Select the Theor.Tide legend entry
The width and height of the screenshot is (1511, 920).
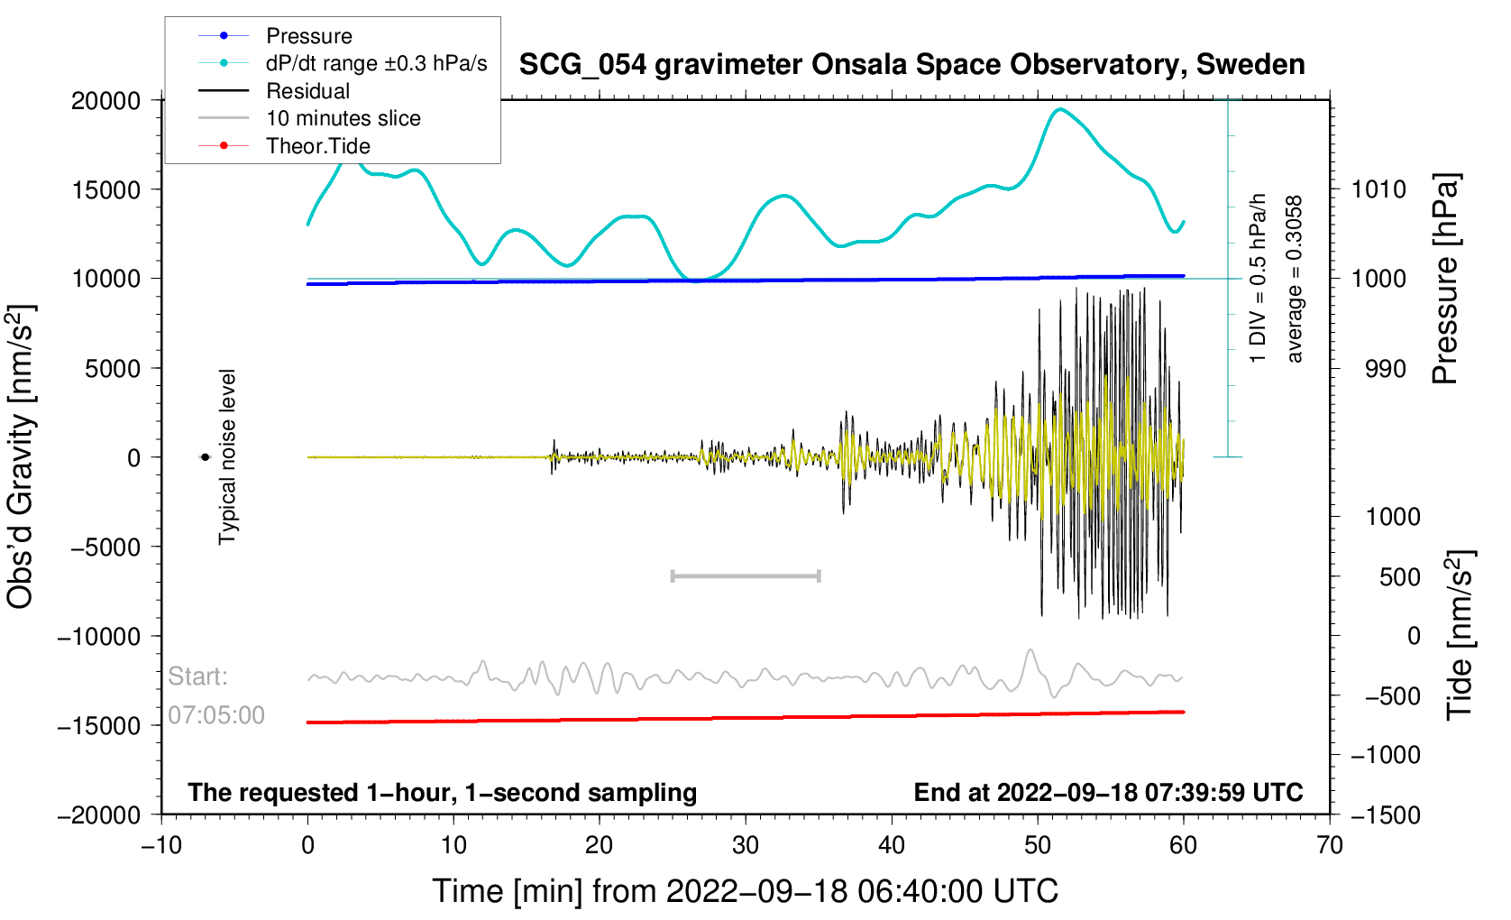[x=284, y=146]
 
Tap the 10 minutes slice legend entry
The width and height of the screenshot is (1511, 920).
[x=309, y=118]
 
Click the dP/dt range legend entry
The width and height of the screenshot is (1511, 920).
[x=343, y=63]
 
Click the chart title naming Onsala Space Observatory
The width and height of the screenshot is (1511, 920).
[x=912, y=65]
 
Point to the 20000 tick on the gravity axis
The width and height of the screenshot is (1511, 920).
[x=105, y=101]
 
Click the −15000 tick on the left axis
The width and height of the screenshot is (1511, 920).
[x=99, y=725]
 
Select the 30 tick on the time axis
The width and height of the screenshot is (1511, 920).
[x=746, y=845]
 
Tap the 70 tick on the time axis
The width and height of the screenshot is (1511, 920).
[x=1330, y=845]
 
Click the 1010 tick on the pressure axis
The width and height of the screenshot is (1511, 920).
[x=1378, y=189]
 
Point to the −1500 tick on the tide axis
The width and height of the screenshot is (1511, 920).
[x=1386, y=814]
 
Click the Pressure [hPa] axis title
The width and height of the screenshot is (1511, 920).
[x=1445, y=279]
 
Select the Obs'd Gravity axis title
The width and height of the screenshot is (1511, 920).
[x=20, y=457]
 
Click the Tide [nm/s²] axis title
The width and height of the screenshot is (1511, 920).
[x=1461, y=636]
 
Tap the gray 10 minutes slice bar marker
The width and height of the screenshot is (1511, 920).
[x=746, y=575]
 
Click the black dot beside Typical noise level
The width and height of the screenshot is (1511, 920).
[x=205, y=457]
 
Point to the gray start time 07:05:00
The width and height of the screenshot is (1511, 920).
[x=216, y=715]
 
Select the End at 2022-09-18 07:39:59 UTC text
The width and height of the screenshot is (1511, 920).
[x=1108, y=793]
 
